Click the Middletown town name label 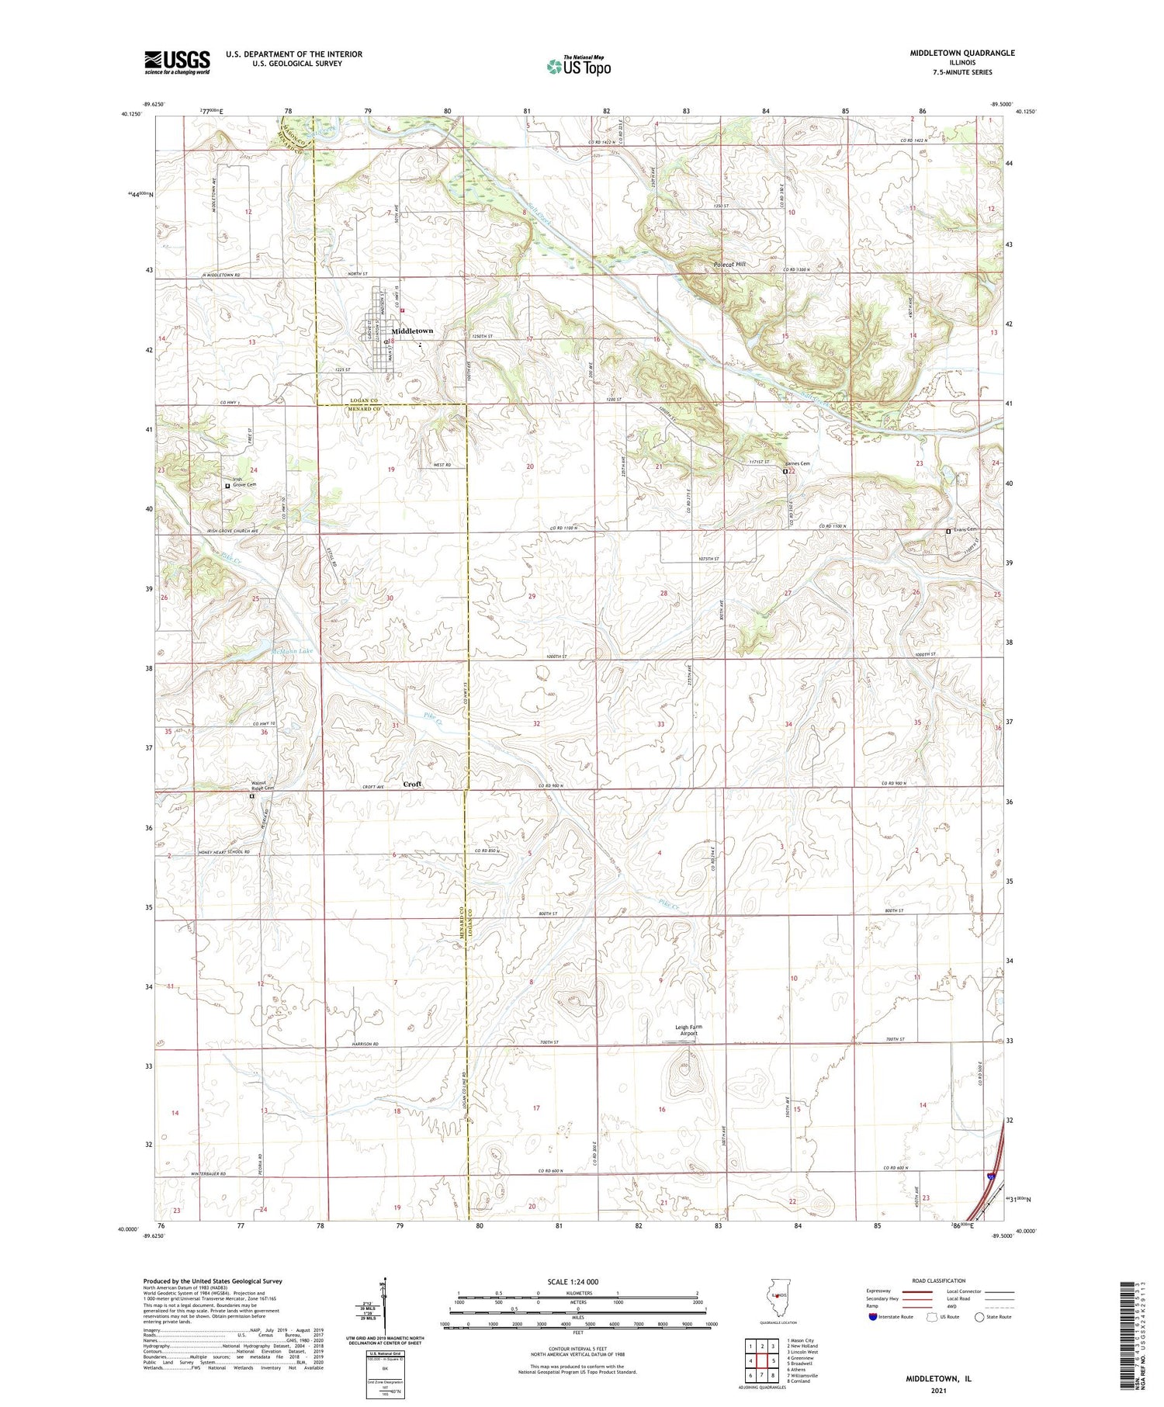pos(412,331)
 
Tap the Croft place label pos(412,784)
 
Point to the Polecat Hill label pos(729,265)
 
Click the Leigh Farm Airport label pos(689,1030)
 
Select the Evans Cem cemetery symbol pos(948,531)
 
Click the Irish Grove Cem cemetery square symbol pos(227,486)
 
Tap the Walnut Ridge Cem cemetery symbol pos(251,796)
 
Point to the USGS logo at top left pos(177,62)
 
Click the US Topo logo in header pos(578,67)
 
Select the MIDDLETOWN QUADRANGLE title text pos(962,53)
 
